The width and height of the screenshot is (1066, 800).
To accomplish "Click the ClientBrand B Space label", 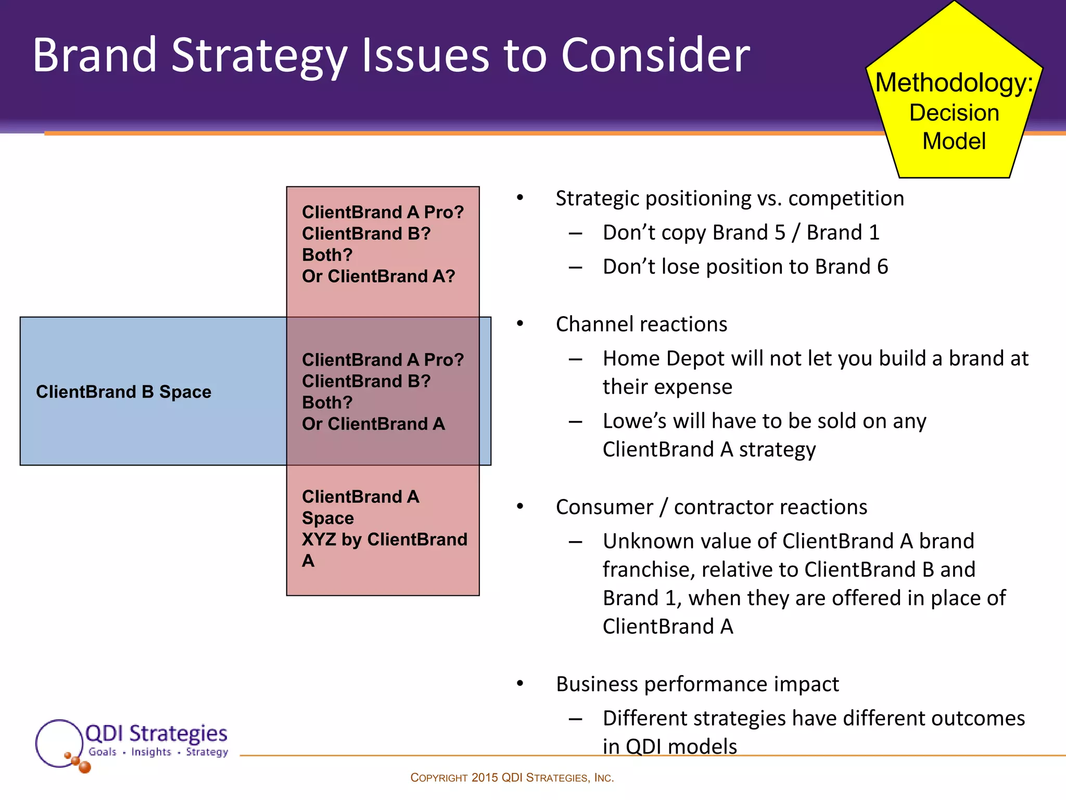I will (x=123, y=392).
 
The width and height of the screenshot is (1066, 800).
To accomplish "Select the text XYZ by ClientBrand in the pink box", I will (x=384, y=540).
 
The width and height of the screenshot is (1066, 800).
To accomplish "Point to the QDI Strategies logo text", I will (x=156, y=733).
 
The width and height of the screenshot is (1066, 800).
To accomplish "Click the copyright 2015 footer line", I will (x=512, y=778).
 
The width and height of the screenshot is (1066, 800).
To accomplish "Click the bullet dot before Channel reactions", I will (x=519, y=324).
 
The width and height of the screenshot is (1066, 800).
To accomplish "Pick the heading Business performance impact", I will (x=697, y=684).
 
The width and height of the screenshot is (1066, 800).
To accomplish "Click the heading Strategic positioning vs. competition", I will (x=729, y=198).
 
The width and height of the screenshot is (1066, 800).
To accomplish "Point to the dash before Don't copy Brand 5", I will (x=575, y=233).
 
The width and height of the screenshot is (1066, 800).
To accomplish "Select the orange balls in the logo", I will (x=79, y=762).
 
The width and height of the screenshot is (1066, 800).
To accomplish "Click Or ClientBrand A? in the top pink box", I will (x=378, y=276).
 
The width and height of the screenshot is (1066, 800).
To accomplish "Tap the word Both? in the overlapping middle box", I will (x=327, y=403).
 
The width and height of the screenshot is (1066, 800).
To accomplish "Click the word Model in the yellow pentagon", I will (x=954, y=141).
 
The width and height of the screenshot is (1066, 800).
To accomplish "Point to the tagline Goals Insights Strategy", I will (x=158, y=752).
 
